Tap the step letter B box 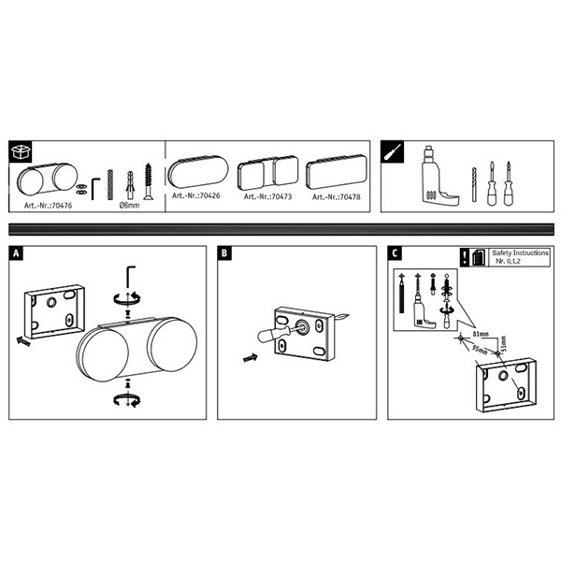tap(225, 252)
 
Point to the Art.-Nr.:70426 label tap(195, 197)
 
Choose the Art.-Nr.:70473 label tap(268, 197)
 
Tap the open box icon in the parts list tap(21, 151)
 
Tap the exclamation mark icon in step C tap(465, 259)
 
